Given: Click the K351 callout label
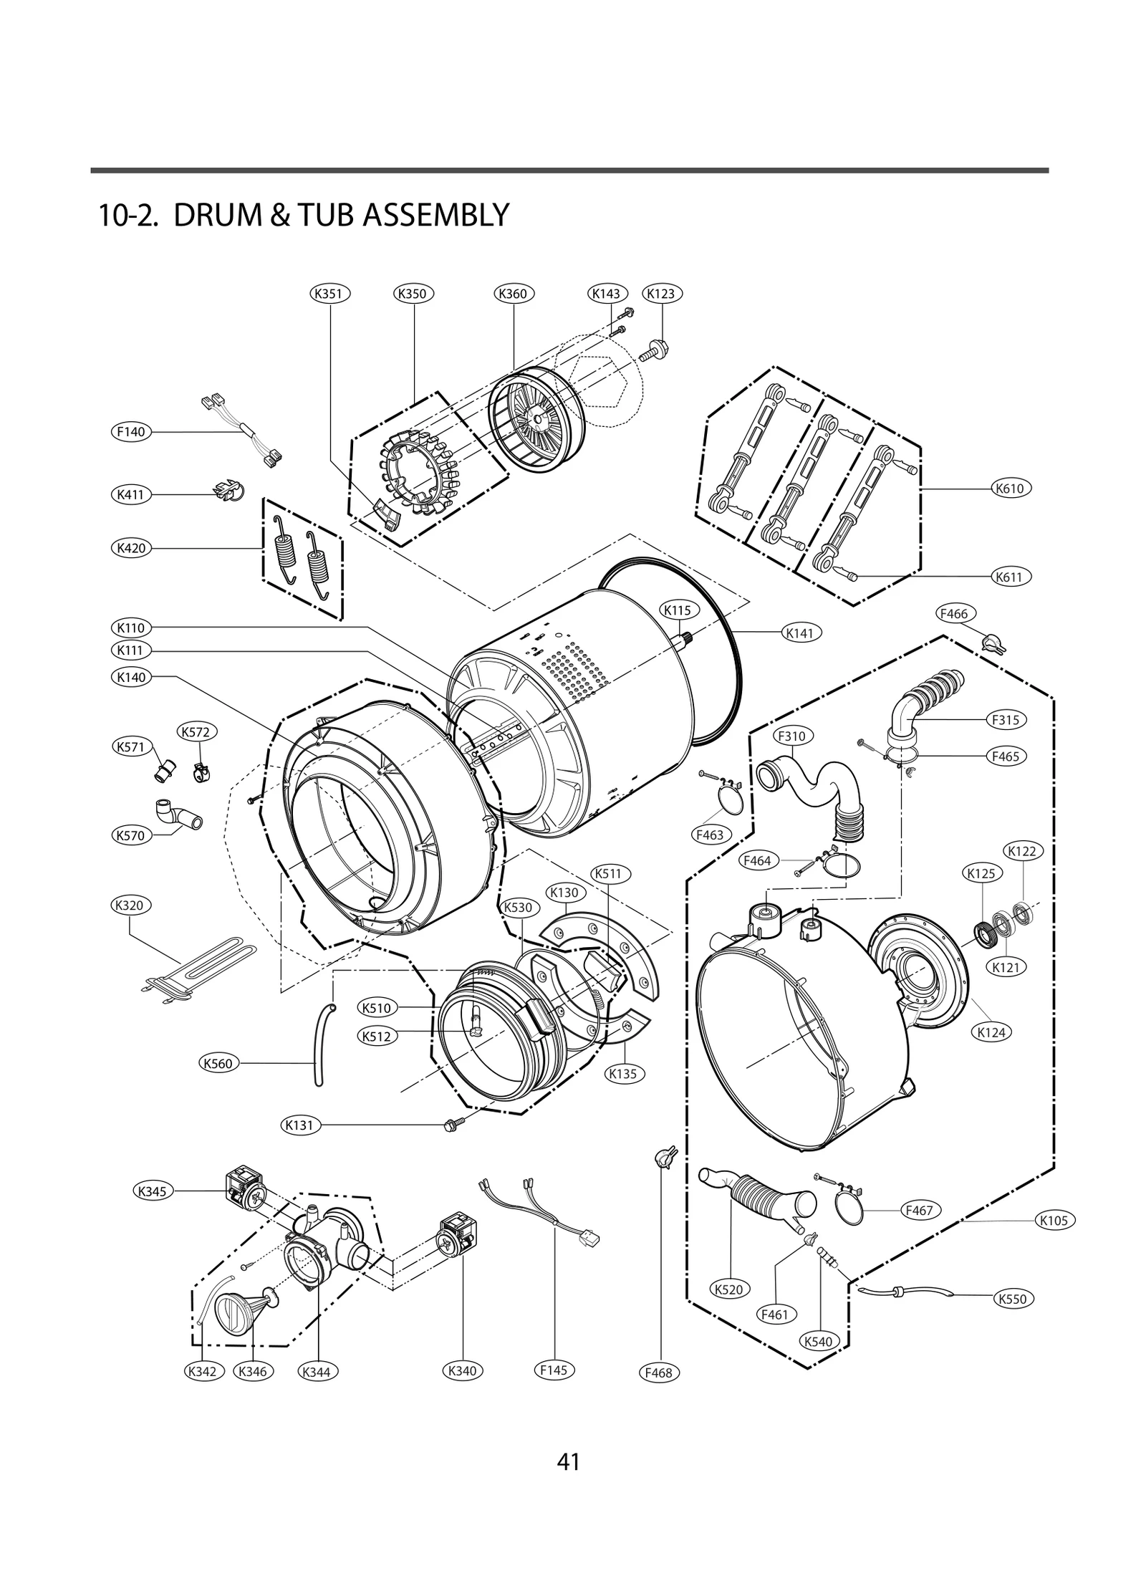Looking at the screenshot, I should pos(330,294).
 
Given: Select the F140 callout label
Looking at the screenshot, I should pos(132,432).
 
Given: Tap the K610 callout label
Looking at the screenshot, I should pos(1011,489).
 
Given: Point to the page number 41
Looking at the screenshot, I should pos(568,1461).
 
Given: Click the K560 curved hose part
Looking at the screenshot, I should pos(319,1047).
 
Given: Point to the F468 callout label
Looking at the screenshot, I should pos(658,1373).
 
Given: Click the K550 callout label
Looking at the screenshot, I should pos(1013,1299).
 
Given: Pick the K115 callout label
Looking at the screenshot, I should pos(677,610).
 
